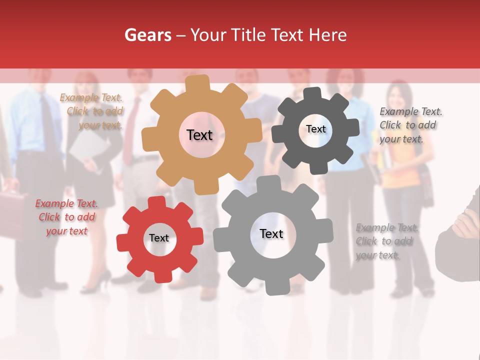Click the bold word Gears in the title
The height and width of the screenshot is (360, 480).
point(147,35)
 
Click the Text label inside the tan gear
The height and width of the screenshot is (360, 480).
point(199,135)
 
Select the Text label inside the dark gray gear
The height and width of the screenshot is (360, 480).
point(316,129)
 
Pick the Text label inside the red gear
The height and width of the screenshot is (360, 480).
point(159,238)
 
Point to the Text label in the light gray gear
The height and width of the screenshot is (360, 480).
point(271,233)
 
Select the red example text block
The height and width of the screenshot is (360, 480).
point(67,217)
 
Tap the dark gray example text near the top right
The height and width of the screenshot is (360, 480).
point(410,125)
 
